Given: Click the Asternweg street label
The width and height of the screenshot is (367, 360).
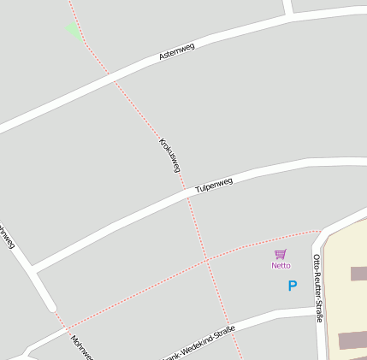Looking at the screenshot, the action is point(177,51).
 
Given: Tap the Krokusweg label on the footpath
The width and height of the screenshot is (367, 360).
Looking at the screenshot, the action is point(169,155).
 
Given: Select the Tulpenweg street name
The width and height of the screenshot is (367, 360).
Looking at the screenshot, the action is point(214,185).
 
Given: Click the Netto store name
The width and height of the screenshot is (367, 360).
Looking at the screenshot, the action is point(281,265).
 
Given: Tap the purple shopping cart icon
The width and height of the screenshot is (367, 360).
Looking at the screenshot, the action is point(281,254).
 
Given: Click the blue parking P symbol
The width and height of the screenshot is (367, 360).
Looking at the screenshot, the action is point(292,286).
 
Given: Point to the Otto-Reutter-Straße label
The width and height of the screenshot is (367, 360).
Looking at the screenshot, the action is point(318,287).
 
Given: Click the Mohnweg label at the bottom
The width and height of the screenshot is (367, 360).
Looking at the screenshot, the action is point(82,346).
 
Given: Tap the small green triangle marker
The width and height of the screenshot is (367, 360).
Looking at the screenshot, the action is point(73,31).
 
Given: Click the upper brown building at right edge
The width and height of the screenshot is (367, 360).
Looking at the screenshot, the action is point(358,274).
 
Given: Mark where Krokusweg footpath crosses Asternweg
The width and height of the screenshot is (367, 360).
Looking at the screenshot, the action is point(112,78).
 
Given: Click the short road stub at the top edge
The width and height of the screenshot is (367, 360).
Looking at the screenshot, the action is point(288,7).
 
